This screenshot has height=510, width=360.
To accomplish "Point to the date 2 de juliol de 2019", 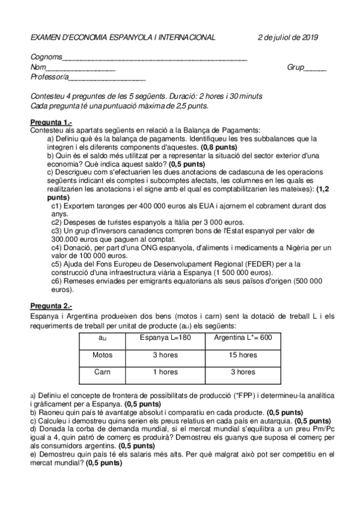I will tap(287, 37).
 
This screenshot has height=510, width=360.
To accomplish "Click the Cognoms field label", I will tap(46, 58).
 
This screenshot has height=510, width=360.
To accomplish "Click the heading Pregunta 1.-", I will tap(51, 123).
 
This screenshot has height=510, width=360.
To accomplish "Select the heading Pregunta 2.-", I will tap(51, 306).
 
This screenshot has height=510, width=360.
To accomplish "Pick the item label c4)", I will tap(58, 247).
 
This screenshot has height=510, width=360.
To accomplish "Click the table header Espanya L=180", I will tap(165, 338).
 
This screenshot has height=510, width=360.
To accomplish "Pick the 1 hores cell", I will tap(165, 372).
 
